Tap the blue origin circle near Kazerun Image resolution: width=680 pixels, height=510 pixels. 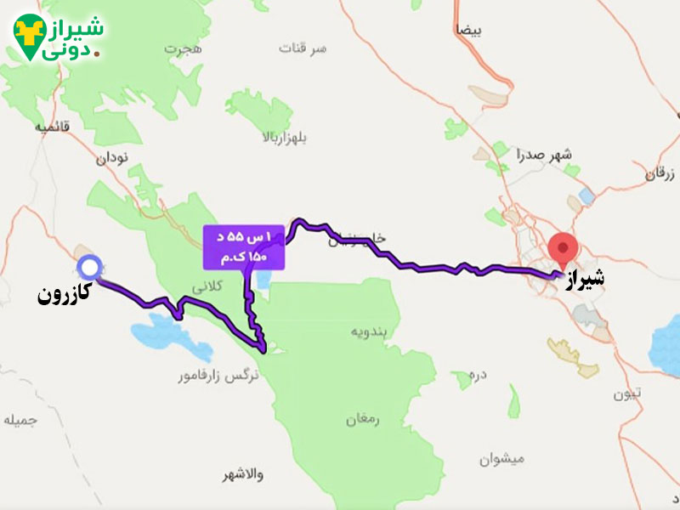pyautogui.click(x=88, y=268)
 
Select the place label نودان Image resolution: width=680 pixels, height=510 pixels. pyautogui.click(x=112, y=158)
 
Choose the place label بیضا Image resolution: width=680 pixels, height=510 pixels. pyautogui.click(x=468, y=31)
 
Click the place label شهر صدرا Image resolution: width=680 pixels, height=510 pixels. pyautogui.click(x=545, y=154)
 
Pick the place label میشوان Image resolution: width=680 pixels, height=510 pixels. pyautogui.click(x=497, y=459)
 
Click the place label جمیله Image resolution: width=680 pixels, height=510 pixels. pyautogui.click(x=20, y=421)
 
